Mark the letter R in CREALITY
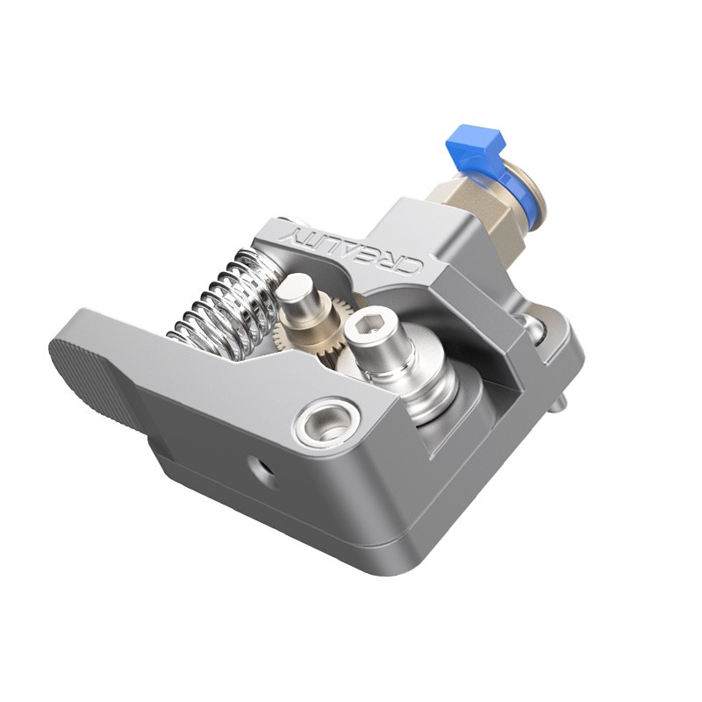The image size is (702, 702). click(397, 261)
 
